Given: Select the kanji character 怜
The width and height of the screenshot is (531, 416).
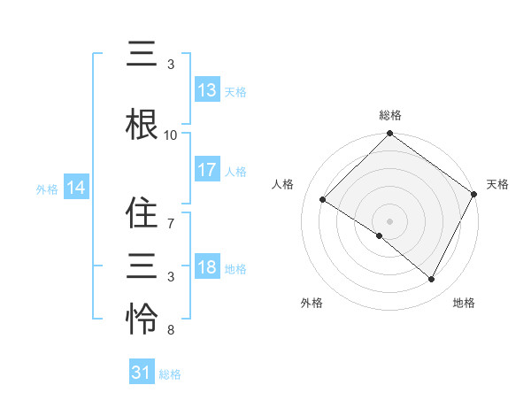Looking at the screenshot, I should click(x=142, y=318).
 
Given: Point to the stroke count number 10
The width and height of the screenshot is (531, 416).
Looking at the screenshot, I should click(x=171, y=135).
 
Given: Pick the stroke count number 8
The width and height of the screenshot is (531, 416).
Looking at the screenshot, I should click(x=171, y=331).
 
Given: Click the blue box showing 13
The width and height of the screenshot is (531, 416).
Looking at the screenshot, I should click(x=207, y=90).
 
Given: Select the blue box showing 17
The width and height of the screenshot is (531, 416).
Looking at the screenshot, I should click(x=207, y=170).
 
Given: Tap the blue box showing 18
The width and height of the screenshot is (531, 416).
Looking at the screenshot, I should click(x=207, y=268).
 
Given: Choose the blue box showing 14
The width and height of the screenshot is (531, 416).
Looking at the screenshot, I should click(x=76, y=188).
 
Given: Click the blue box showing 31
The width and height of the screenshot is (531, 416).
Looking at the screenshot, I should click(x=142, y=373).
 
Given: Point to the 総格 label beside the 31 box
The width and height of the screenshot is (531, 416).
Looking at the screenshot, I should click(x=170, y=374).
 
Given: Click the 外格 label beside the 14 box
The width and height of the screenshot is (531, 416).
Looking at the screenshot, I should click(x=47, y=189).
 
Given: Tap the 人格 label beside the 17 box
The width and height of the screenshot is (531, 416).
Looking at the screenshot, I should click(x=235, y=171).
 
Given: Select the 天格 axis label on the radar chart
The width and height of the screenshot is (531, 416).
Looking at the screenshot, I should click(x=497, y=184).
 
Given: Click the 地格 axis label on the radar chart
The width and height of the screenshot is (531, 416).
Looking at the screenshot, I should click(x=464, y=303).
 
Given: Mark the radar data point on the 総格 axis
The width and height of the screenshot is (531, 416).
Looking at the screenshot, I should click(x=389, y=135).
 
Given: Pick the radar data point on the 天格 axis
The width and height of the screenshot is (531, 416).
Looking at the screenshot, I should click(x=473, y=194).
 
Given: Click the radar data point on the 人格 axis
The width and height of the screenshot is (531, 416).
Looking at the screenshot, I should click(x=323, y=200).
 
